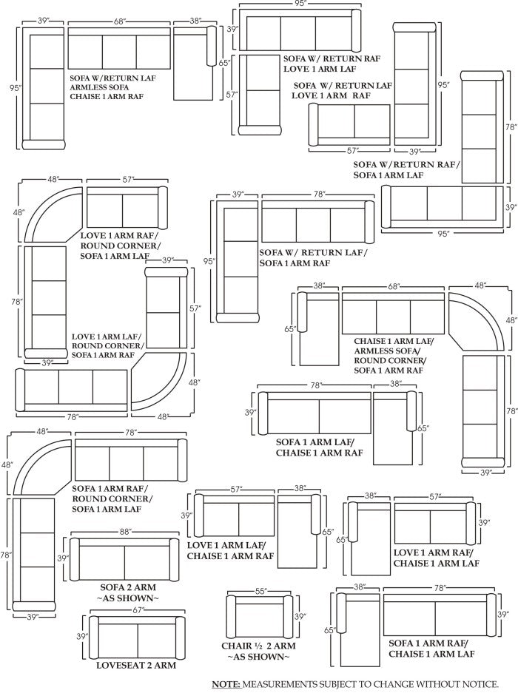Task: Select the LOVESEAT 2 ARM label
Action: click(136, 665)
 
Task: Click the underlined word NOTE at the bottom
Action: click(225, 684)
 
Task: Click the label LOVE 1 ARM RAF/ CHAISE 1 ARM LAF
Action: click(436, 558)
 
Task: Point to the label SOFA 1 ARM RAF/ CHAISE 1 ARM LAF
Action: click(431, 649)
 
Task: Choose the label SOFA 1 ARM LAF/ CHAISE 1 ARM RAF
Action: click(319, 447)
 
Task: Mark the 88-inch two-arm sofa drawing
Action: click(124, 559)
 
